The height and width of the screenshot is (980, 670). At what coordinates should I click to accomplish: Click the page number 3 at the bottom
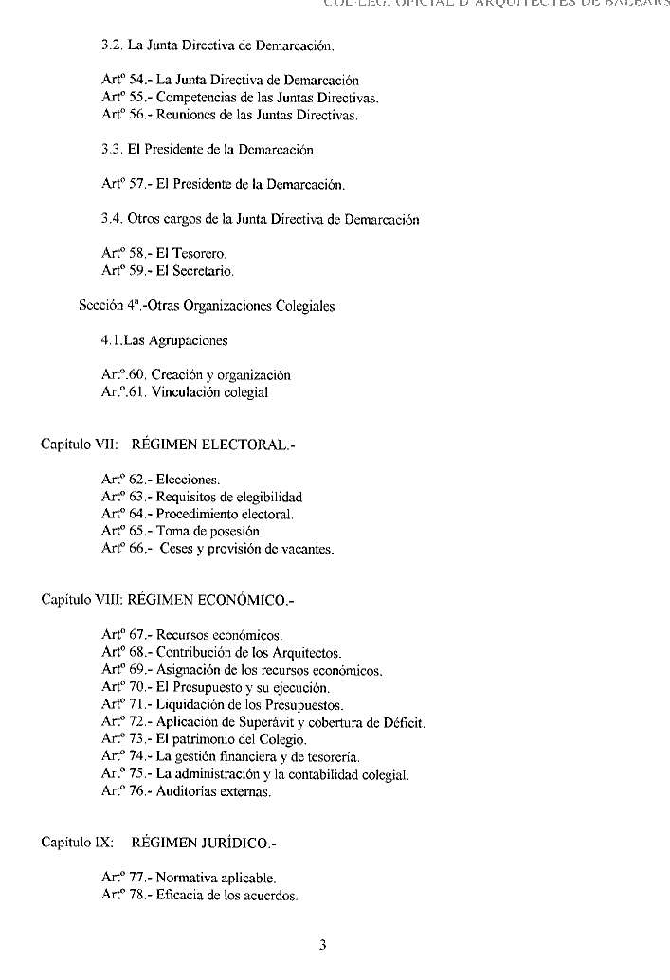(323, 944)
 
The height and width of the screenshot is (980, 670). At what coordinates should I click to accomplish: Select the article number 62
(137, 480)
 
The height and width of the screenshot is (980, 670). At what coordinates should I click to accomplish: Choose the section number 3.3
(111, 151)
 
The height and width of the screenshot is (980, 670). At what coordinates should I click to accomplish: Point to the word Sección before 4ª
(102, 306)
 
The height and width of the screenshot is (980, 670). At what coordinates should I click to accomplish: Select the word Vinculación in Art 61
(186, 392)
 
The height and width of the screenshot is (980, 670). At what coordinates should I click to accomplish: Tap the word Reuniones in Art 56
(186, 115)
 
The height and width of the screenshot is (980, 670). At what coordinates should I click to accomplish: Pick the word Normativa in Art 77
(189, 878)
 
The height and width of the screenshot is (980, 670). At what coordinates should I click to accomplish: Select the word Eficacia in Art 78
(181, 896)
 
